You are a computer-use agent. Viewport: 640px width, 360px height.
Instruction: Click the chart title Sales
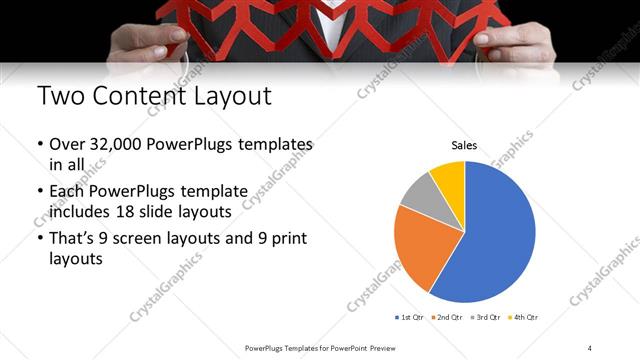coord(464,145)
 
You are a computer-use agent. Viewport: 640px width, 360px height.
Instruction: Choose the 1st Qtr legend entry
coord(411,317)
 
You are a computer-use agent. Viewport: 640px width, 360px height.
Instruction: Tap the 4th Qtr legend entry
coord(524,317)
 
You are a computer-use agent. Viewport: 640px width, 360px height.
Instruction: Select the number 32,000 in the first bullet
coord(113,145)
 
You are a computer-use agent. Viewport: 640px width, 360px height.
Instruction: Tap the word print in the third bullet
coord(290,239)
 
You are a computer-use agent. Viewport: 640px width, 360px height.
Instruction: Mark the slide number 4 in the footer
coord(590,347)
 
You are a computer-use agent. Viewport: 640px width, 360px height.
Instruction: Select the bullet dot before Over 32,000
coord(39,146)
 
